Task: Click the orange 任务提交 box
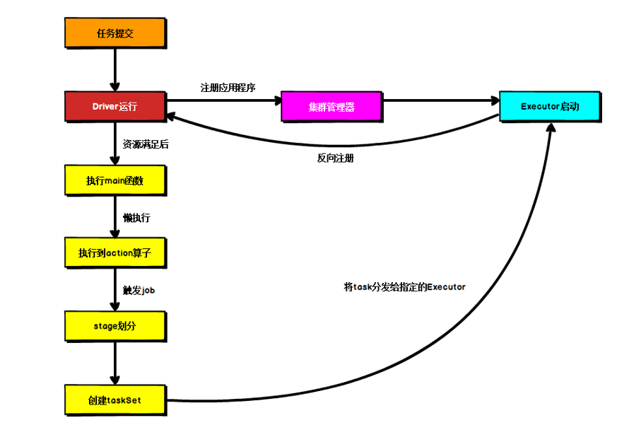pyautogui.click(x=114, y=33)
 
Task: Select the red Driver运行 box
pyautogui.click(x=114, y=107)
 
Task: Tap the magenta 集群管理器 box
pyautogui.click(x=331, y=107)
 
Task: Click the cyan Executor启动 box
pyautogui.click(x=549, y=107)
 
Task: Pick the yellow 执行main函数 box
pyautogui.click(x=114, y=180)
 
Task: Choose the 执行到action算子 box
pyautogui.click(x=114, y=253)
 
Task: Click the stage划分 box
pyautogui.click(x=114, y=326)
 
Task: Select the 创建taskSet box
pyautogui.click(x=114, y=400)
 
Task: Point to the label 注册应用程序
pyautogui.click(x=228, y=88)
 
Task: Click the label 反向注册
pyautogui.click(x=335, y=158)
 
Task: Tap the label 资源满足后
pyautogui.click(x=146, y=144)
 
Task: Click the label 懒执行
pyautogui.click(x=136, y=218)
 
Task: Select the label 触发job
pyautogui.click(x=139, y=290)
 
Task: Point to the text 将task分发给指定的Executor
pyautogui.click(x=404, y=287)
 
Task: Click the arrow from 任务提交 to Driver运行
pyautogui.click(x=114, y=69)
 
